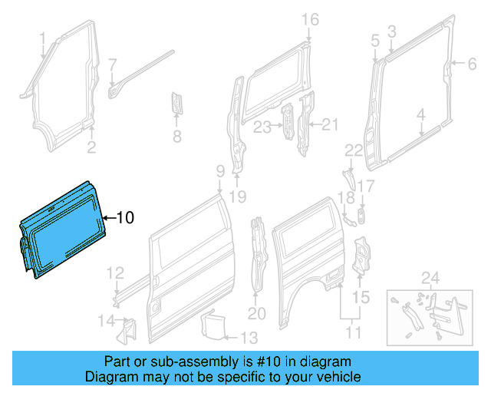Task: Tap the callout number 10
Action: (x=125, y=218)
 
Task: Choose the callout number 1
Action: (x=44, y=37)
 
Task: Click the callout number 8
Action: (x=176, y=138)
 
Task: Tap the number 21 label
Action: (x=330, y=124)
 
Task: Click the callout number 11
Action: (x=354, y=333)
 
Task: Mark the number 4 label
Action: (x=420, y=115)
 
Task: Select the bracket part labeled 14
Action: (x=124, y=329)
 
